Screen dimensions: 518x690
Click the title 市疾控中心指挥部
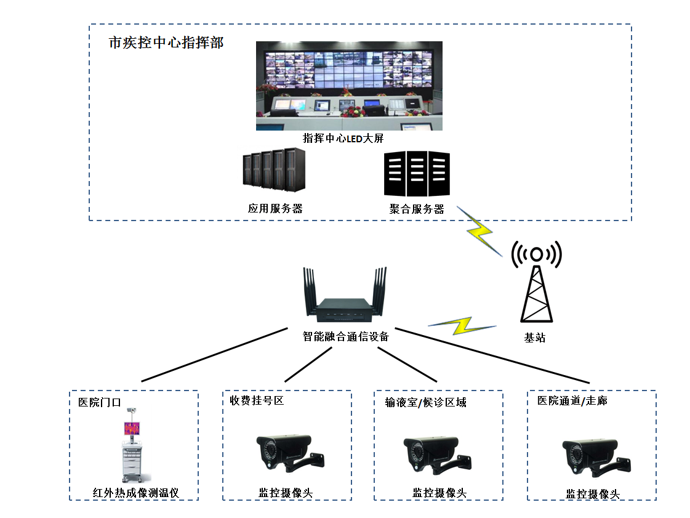[166, 43]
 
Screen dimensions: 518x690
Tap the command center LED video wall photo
[349, 86]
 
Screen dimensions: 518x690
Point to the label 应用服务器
[275, 208]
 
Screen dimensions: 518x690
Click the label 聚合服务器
[417, 209]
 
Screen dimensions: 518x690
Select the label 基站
[534, 338]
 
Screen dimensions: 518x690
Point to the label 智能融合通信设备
[346, 336]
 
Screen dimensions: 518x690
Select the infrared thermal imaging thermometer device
[133, 443]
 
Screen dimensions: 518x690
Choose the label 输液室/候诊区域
[425, 402]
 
